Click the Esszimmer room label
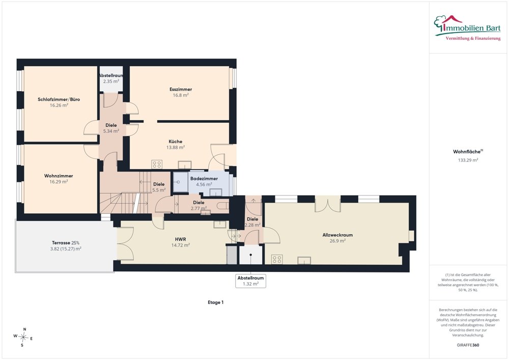[181, 89]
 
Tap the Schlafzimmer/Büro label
[59, 99]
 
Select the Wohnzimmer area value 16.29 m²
[59, 182]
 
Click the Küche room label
[175, 142]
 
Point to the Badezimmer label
[204, 179]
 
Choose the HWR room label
[181, 239]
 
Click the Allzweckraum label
[337, 235]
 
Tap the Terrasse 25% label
[66, 243]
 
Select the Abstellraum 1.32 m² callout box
[250, 281]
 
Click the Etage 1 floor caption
[215, 302]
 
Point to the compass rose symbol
[23, 337]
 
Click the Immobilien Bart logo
[467, 28]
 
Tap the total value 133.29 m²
[468, 160]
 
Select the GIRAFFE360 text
[468, 345]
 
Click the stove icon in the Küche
[157, 164]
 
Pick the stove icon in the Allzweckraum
[277, 259]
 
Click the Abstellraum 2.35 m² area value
[111, 81]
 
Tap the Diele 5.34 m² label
[111, 128]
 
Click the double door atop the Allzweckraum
[327, 204]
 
